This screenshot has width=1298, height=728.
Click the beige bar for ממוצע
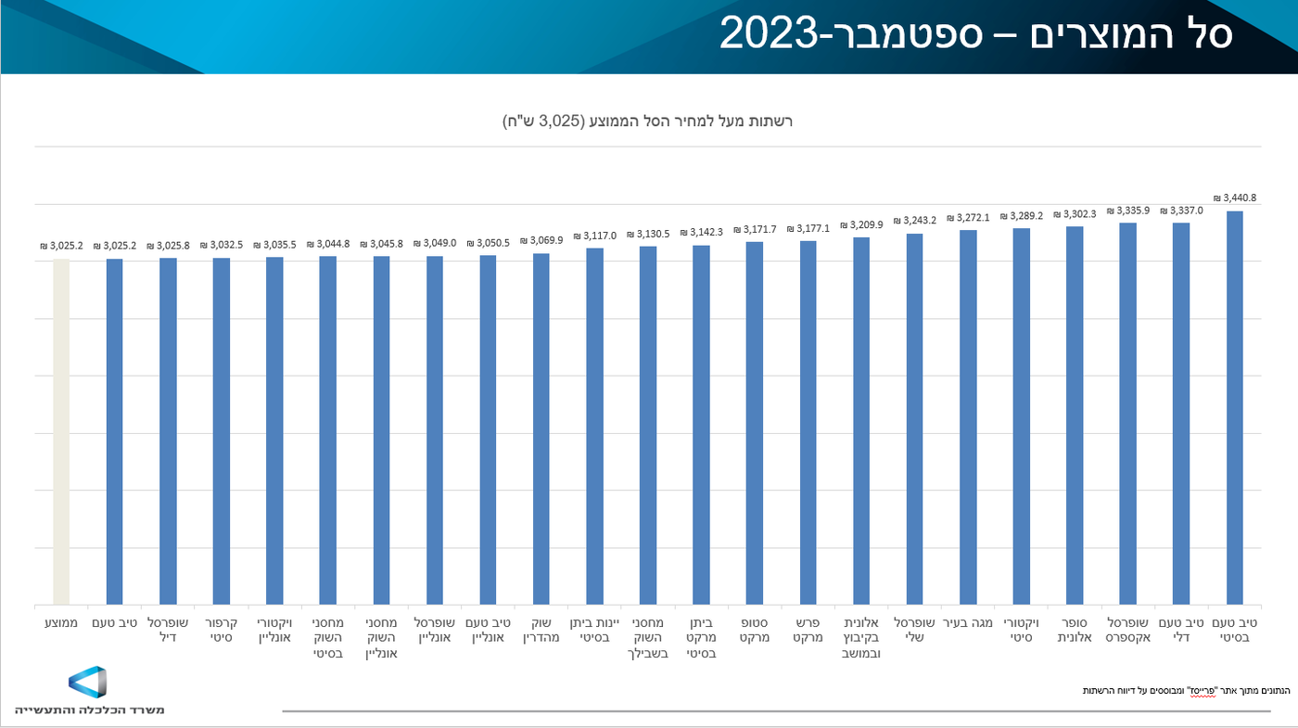coord(61,432)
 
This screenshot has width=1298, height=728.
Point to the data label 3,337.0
coord(1180,211)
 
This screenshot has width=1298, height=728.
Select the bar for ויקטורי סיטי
coord(1021,416)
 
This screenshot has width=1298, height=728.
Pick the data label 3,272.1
coord(968,218)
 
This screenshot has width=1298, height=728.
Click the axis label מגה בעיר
coord(968,623)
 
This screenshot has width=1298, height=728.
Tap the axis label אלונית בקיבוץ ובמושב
coord(861,638)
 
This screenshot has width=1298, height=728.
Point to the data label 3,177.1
coord(808,228)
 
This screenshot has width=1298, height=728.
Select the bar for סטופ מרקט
coord(755,423)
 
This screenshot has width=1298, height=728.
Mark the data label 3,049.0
coord(435,243)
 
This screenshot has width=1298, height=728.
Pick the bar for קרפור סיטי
coord(222,431)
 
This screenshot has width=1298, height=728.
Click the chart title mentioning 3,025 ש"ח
coord(648,121)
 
